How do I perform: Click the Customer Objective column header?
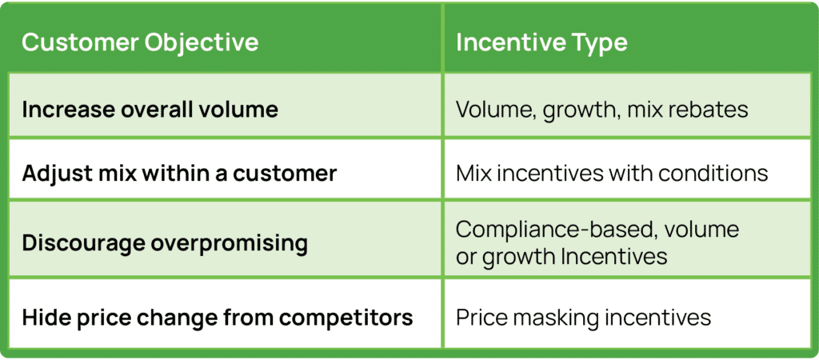point(140,42)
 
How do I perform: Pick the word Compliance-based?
point(552,230)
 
